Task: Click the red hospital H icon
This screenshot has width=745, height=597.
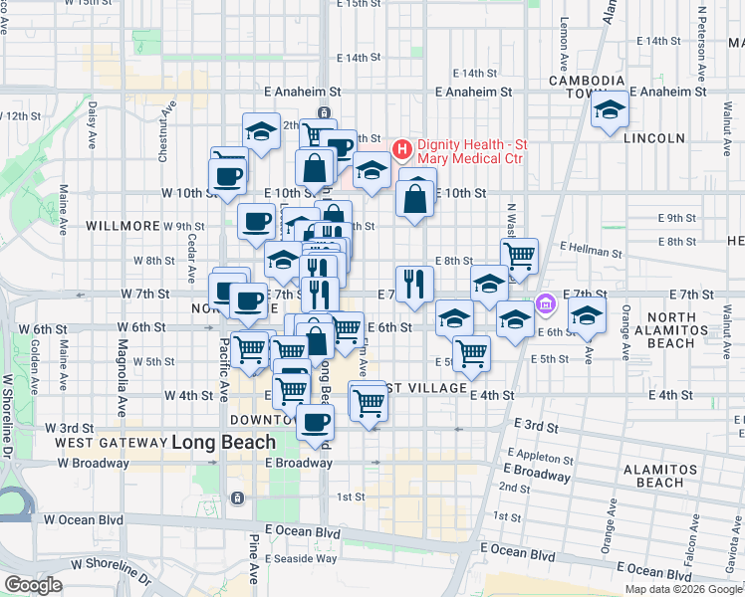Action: [x=402, y=151]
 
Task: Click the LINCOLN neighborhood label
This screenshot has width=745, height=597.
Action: [x=654, y=138]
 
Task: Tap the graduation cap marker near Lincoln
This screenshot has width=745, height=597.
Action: [x=609, y=109]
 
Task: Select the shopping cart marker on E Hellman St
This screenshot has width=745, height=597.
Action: [x=519, y=256]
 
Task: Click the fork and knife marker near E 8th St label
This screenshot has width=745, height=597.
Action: [x=414, y=283]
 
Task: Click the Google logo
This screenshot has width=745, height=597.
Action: [x=33, y=585]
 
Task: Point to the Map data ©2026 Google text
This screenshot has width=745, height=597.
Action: [x=682, y=589]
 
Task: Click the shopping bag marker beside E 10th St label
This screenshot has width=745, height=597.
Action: [x=414, y=197]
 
